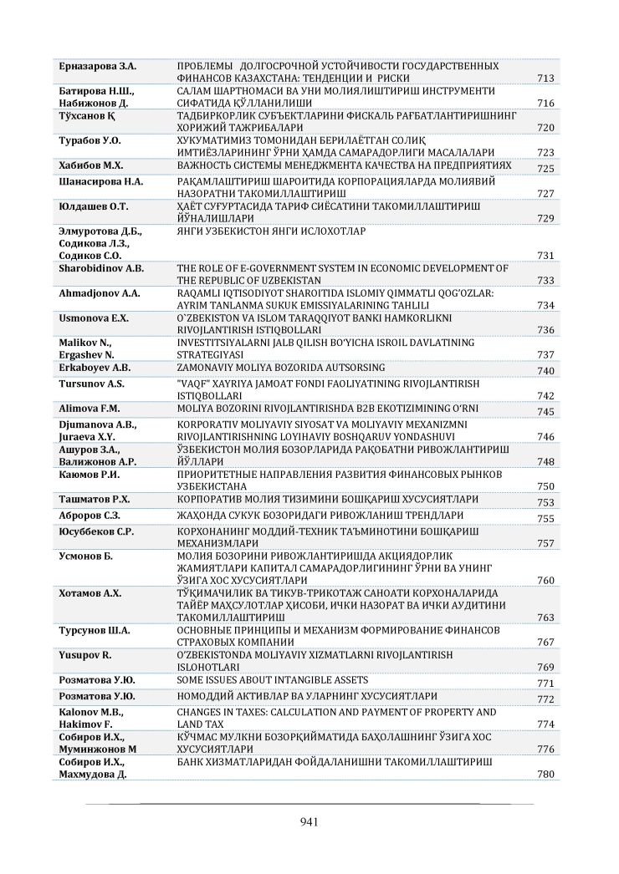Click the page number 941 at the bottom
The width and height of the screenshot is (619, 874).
[x=309, y=822]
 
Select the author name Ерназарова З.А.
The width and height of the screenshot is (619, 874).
[x=98, y=66]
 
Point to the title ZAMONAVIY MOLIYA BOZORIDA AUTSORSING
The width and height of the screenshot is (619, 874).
[x=281, y=368]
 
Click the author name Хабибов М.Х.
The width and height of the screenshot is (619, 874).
[x=91, y=165]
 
